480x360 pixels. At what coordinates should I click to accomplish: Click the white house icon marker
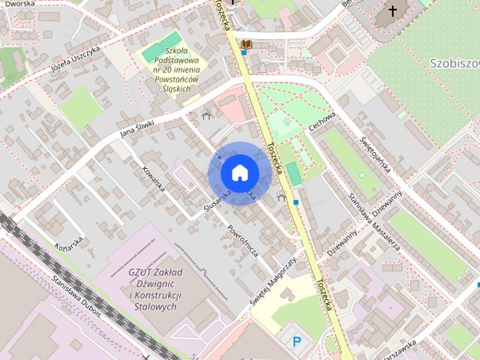point(238,172)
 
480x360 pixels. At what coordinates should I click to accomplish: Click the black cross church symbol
point(392,11)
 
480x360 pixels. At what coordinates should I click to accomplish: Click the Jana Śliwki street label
point(137,129)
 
